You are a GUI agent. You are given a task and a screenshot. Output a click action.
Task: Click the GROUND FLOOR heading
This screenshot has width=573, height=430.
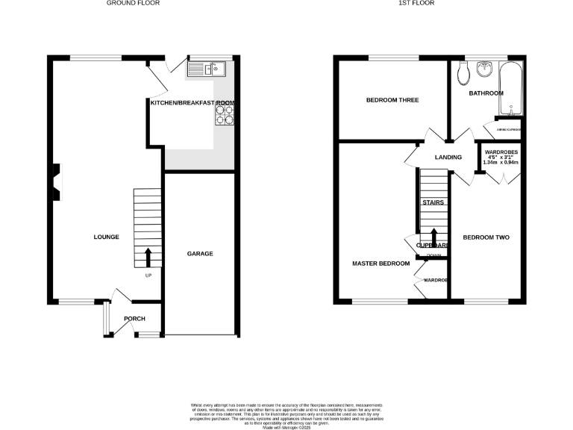(133, 3)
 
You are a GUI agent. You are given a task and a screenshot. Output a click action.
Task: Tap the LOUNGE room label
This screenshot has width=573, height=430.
(106, 237)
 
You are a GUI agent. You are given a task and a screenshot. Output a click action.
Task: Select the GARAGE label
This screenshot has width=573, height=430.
(200, 254)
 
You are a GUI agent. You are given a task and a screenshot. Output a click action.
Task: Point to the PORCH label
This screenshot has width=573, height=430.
(134, 319)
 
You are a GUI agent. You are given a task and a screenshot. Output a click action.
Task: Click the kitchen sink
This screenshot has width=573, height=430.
(207, 70)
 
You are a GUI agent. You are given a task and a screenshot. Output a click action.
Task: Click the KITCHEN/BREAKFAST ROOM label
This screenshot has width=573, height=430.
(192, 102)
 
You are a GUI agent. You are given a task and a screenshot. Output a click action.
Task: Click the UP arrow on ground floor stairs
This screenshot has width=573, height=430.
(148, 257)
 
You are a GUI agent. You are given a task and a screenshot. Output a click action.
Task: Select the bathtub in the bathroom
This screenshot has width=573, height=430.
(511, 89)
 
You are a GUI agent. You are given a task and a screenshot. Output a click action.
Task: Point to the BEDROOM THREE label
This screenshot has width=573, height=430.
(392, 100)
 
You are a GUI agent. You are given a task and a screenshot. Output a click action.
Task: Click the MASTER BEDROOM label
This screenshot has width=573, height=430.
(381, 264)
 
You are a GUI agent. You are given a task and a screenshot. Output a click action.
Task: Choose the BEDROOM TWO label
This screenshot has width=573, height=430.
(486, 237)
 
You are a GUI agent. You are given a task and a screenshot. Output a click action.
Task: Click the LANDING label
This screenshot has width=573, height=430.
(449, 158)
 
